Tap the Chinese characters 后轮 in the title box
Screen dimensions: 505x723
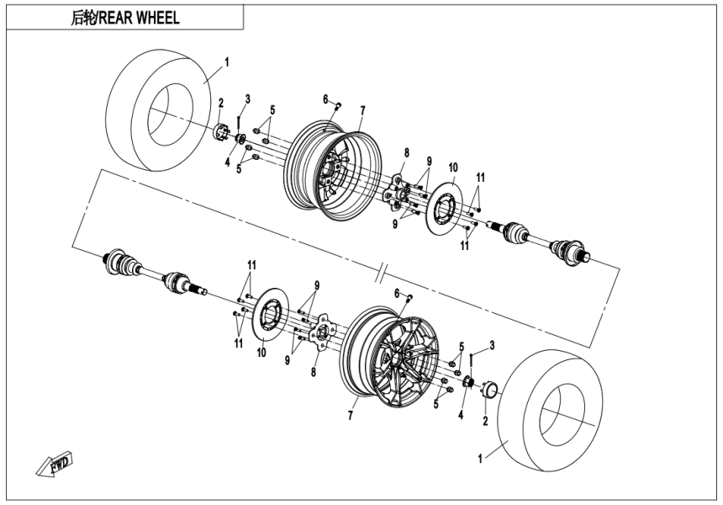click(85, 18)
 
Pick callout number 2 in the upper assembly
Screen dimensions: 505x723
click(220, 103)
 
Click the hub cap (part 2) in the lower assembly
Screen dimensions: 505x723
click(488, 388)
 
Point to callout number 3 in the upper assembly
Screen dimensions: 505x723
click(247, 99)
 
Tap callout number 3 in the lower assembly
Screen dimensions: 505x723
click(492, 345)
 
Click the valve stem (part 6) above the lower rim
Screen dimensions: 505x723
click(409, 298)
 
